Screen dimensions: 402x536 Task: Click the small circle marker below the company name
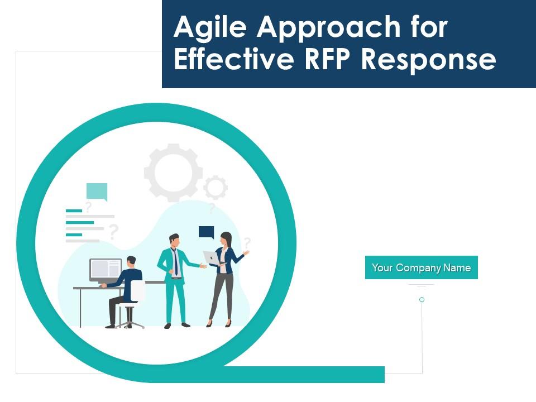pyautogui.click(x=422, y=300)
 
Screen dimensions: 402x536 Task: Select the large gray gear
pyautogui.click(x=173, y=172)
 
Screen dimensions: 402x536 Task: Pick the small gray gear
pyautogui.click(x=215, y=188)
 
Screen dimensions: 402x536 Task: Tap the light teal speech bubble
pyautogui.click(x=97, y=192)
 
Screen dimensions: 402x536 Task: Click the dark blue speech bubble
pyautogui.click(x=207, y=232)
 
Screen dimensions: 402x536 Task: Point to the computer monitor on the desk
pyautogui.click(x=106, y=270)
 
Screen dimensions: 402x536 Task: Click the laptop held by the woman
pyautogui.click(x=212, y=258)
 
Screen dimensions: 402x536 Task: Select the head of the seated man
pyautogui.click(x=131, y=261)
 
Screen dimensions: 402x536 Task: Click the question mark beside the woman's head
pyautogui.click(x=247, y=242)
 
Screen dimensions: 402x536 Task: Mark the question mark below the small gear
pyautogui.click(x=212, y=209)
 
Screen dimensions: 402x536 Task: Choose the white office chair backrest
pyautogui.click(x=137, y=291)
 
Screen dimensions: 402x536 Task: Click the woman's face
pyautogui.click(x=226, y=239)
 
